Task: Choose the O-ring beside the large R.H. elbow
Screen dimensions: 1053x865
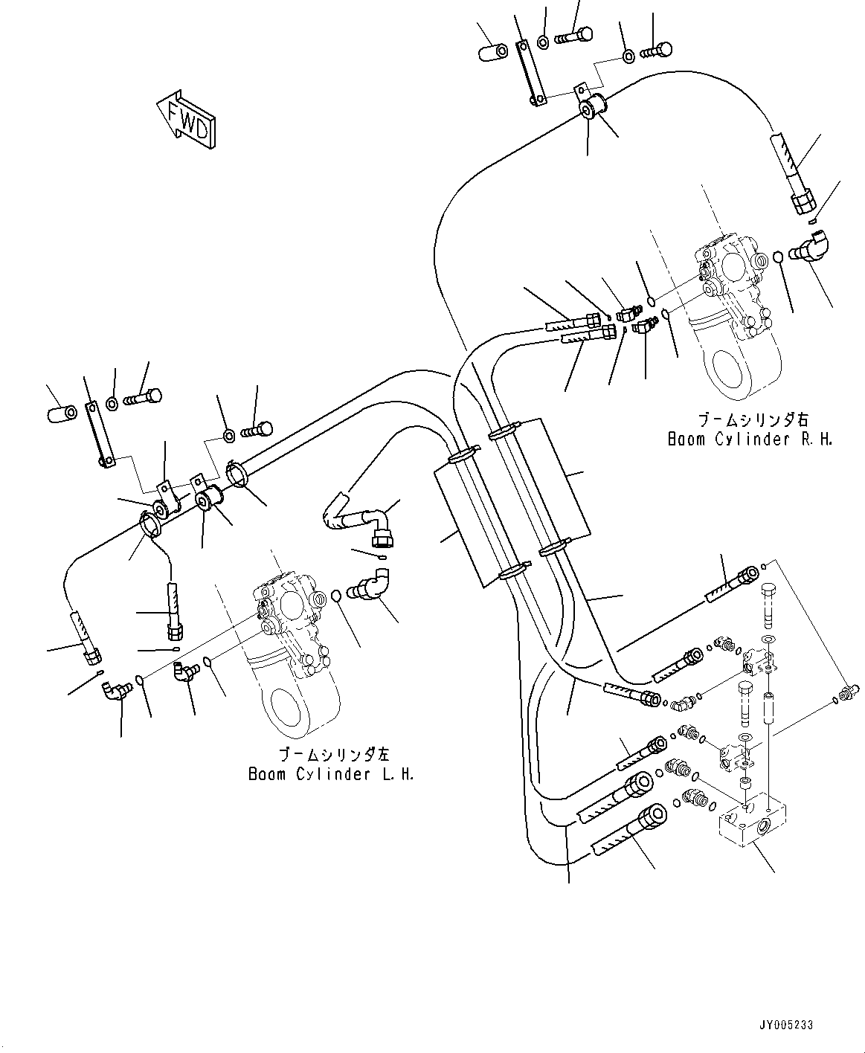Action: [777, 257]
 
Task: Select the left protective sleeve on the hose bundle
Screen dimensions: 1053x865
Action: [469, 520]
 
